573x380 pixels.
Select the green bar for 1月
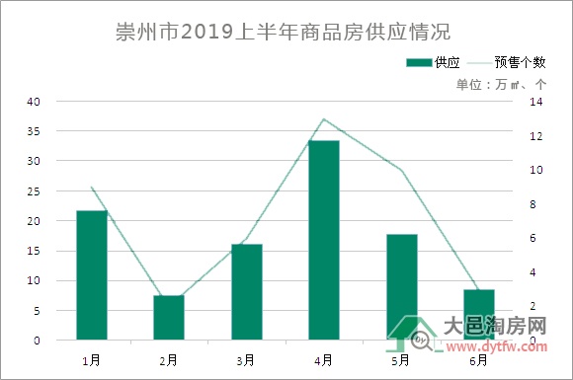tap(91, 275)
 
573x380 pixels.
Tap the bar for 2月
tap(169, 317)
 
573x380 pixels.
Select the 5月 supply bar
tap(401, 286)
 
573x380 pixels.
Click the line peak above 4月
tap(324, 119)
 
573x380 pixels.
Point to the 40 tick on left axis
tap(34, 102)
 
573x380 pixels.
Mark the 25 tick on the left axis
tap(34, 191)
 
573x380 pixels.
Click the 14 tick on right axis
tap(536, 102)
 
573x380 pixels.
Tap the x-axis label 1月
tap(91, 360)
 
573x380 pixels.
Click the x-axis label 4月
tap(324, 360)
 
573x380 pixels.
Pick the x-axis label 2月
tap(169, 360)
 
